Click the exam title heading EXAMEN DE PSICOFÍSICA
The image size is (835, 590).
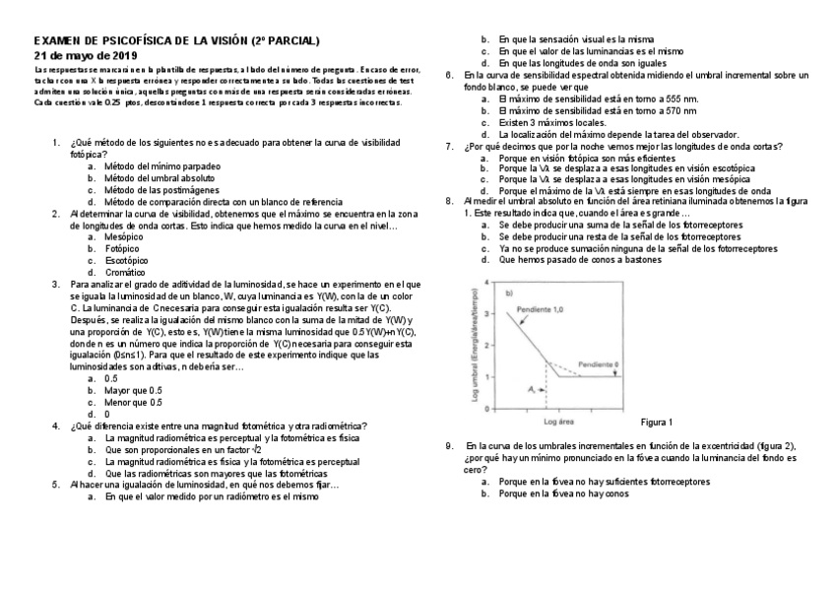[177, 41]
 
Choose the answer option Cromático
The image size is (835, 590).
[125, 272]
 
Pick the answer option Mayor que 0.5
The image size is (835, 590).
[132, 390]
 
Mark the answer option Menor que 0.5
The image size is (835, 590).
[133, 402]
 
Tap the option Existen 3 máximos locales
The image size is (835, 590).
[551, 122]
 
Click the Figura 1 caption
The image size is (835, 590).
[656, 423]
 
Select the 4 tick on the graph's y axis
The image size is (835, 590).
[485, 284]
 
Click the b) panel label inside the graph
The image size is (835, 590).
[510, 293]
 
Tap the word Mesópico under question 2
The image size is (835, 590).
[124, 237]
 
